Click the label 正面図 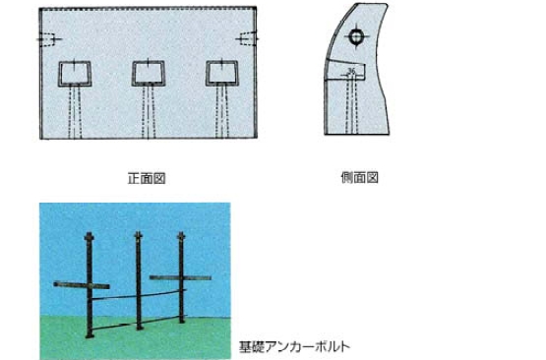(147, 178)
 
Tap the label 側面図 (359, 178)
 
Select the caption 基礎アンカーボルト (294, 347)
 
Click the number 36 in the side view (351, 71)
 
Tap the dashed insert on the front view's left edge (48, 39)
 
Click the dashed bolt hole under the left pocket (75, 112)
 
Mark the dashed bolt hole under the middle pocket (149, 112)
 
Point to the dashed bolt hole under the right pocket (222, 112)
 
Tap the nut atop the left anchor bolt (90, 237)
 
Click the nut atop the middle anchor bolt (139, 235)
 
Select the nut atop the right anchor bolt (181, 236)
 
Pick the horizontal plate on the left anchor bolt (82, 285)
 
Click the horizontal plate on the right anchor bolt (180, 277)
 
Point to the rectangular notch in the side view (345, 71)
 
